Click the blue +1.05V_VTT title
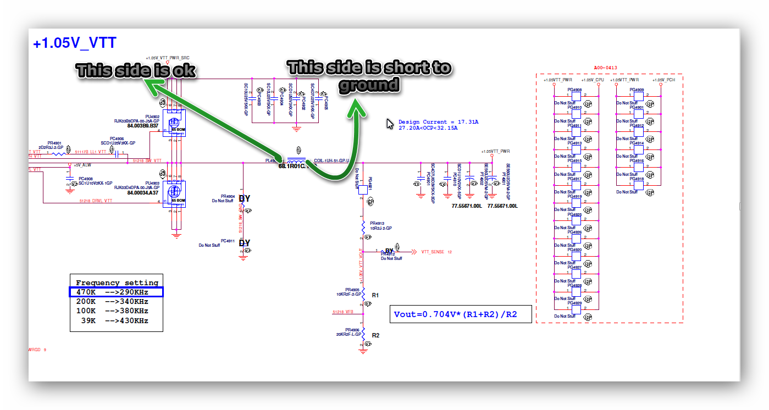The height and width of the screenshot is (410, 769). point(74,44)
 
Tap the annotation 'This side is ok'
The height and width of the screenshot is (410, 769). point(136,70)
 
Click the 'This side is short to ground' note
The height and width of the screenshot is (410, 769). point(369,76)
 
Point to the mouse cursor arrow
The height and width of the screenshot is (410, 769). point(390,124)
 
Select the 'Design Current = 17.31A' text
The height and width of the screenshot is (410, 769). point(438,122)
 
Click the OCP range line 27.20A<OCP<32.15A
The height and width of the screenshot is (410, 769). point(428,128)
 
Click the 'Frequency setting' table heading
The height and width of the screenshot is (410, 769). point(117,283)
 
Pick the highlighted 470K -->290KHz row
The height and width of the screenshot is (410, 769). point(116,292)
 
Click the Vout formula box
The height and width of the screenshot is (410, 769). point(461,314)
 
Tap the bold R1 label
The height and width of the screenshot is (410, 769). point(375,296)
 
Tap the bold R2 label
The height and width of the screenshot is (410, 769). point(375,335)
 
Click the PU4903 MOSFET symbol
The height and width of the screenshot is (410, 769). point(175,193)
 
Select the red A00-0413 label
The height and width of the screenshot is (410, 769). point(606,68)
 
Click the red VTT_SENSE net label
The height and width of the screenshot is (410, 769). point(433,252)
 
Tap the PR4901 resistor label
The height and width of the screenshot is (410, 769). point(54,143)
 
